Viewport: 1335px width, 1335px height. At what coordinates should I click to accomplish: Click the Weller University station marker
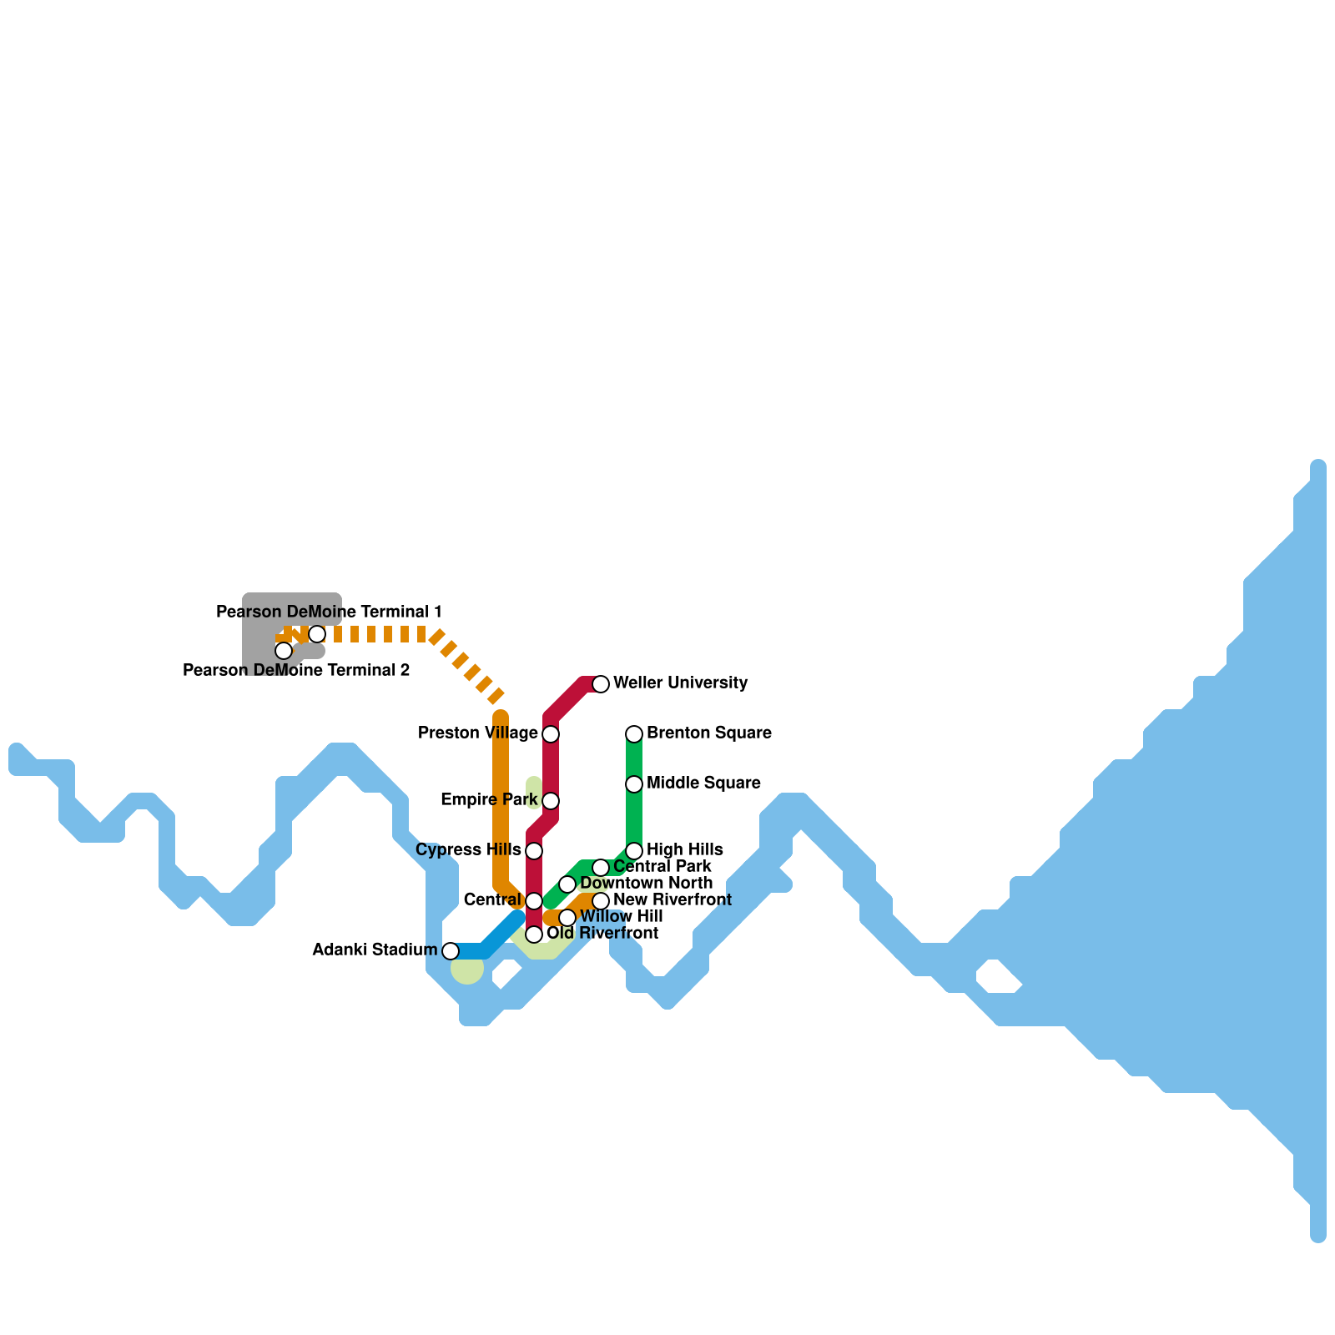(601, 684)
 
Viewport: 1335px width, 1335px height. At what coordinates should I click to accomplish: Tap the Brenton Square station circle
(634, 734)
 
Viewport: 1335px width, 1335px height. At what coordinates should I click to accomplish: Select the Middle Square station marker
(634, 784)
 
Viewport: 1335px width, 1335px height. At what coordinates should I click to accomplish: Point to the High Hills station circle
(634, 851)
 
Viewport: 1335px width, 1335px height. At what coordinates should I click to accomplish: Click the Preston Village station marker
(551, 734)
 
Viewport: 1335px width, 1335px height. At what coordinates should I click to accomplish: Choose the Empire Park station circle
(551, 801)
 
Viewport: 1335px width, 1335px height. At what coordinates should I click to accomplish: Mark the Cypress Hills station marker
(534, 851)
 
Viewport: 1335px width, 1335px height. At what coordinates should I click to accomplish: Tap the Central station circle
(534, 901)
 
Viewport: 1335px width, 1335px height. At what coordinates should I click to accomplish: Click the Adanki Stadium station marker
(451, 951)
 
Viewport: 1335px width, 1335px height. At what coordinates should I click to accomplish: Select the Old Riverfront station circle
(534, 934)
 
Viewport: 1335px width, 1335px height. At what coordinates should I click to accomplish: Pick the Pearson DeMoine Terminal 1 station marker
(317, 634)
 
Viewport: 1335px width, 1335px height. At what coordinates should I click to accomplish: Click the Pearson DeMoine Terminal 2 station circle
(284, 651)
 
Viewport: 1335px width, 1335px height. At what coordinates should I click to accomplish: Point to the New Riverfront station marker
(601, 901)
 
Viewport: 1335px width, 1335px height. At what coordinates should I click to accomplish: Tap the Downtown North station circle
(567, 884)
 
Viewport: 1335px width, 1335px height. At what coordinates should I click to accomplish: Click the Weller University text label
(680, 683)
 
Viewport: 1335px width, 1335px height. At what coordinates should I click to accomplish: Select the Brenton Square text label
(708, 733)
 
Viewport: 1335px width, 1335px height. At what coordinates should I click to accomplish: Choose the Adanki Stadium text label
(375, 950)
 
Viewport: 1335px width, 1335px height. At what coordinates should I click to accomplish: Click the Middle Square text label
(703, 783)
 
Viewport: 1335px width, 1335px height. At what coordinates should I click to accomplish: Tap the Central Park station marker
(601, 868)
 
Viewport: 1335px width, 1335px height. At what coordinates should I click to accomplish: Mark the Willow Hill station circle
(567, 918)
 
